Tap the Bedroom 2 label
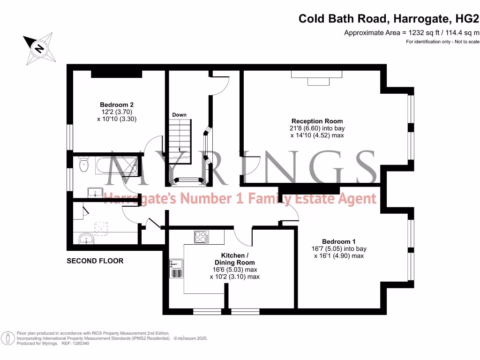pyautogui.click(x=117, y=105)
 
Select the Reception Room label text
pyautogui.click(x=317, y=121)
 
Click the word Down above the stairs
pyautogui.click(x=179, y=115)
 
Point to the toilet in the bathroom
pyautogui.click(x=83, y=164)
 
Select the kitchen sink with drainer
pyautogui.click(x=176, y=269)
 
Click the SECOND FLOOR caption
pyautogui.click(x=95, y=261)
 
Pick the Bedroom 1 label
pyautogui.click(x=339, y=242)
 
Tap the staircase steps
pyautogui.click(x=180, y=141)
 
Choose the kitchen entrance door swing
pyautogui.click(x=243, y=237)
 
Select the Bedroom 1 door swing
pyautogui.click(x=291, y=214)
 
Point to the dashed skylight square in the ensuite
pyautogui.click(x=101, y=226)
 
